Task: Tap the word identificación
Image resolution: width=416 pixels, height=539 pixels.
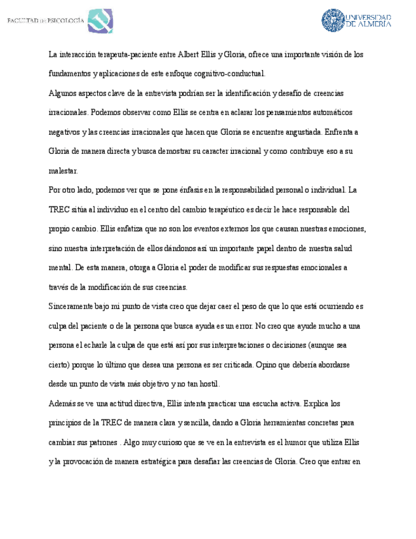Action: (244, 93)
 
